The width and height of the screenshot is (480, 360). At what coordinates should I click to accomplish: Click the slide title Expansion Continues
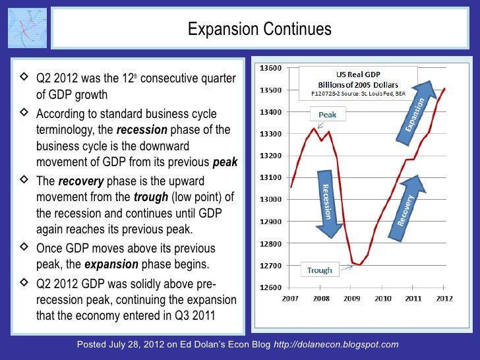point(259,30)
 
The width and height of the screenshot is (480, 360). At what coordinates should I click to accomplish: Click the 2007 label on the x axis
point(290,299)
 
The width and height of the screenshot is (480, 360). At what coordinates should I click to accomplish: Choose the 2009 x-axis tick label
point(351,299)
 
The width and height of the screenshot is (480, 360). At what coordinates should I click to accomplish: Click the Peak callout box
point(327,114)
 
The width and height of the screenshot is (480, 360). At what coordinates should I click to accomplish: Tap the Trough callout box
point(320,270)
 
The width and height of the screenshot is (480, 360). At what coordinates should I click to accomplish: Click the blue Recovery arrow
point(408,204)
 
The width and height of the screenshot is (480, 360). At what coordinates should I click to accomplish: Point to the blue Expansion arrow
point(415,111)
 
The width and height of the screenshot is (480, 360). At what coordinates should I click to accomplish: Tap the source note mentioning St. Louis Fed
point(357,94)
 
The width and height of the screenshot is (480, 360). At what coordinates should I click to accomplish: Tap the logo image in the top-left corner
point(28,30)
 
